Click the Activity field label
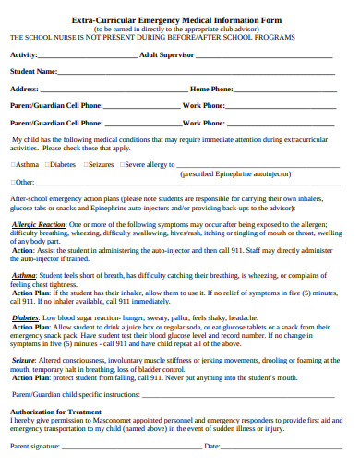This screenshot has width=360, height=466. (24, 55)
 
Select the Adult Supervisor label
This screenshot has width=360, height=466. (168, 55)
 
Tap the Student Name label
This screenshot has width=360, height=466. (32, 71)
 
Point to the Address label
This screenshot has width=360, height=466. (24, 89)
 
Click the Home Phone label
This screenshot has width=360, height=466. (210, 89)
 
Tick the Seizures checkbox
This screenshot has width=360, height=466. (85, 164)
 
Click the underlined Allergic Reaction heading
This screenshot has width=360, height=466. (38, 224)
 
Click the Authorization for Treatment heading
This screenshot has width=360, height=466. (55, 411)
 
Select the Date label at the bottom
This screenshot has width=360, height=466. (211, 446)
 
